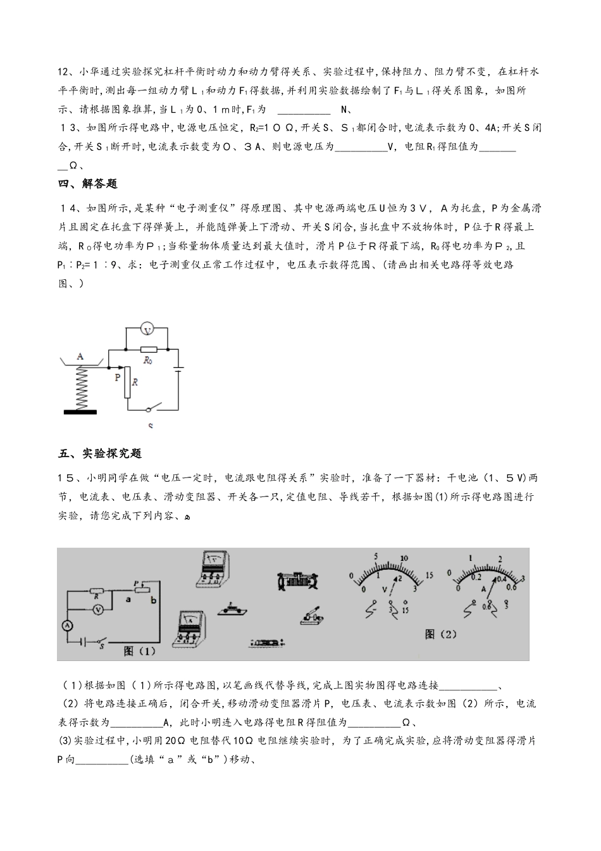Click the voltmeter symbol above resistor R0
coord(147,329)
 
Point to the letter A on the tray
coord(80,356)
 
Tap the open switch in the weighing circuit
coord(152,408)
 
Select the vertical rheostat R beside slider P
coord(127,382)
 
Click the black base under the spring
coord(80,411)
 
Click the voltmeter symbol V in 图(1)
coord(98,608)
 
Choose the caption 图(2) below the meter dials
coord(441,634)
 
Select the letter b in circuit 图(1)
coord(153,600)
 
